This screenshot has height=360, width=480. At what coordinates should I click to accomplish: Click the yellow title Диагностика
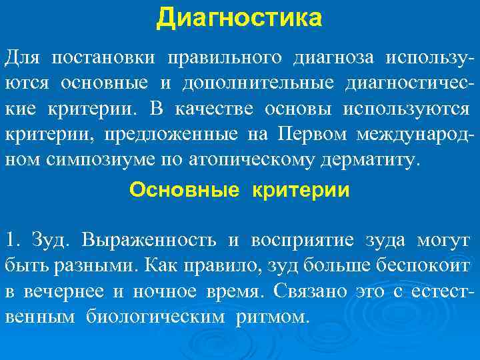pos(239,18)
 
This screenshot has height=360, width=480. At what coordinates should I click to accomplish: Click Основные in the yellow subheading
pos(183,191)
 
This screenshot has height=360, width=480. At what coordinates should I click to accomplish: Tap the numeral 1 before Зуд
pos(10,240)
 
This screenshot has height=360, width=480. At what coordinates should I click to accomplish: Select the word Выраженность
pos(150,240)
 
